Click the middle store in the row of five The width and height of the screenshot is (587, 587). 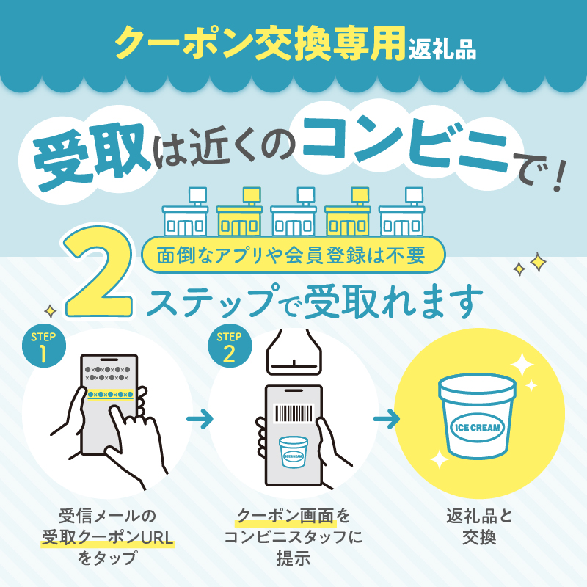pyautogui.click(x=293, y=211)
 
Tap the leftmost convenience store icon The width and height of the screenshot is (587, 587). pyautogui.click(x=186, y=211)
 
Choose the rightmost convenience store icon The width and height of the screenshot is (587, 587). pyautogui.click(x=402, y=211)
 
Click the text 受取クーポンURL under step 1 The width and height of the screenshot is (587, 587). pyautogui.click(x=107, y=538)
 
